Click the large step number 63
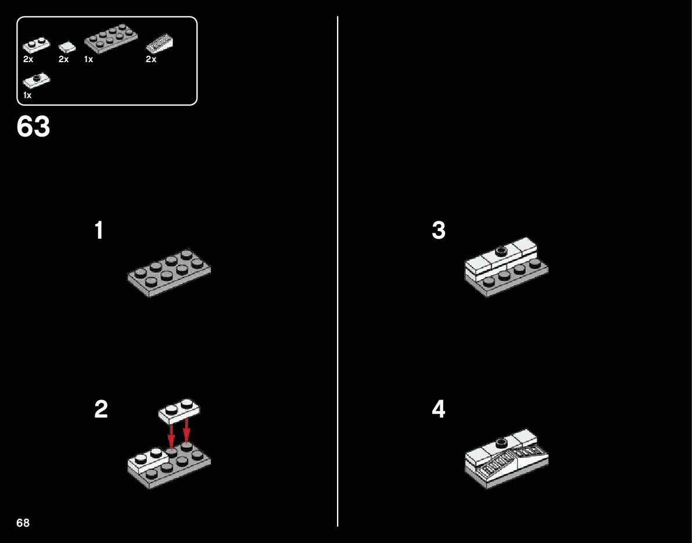pyautogui.click(x=34, y=127)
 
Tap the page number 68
pyautogui.click(x=23, y=523)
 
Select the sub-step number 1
pyautogui.click(x=99, y=231)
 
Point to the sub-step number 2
pyautogui.click(x=101, y=409)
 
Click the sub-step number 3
pyautogui.click(x=439, y=231)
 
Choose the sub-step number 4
pyautogui.click(x=439, y=409)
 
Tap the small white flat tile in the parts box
pyautogui.click(x=67, y=46)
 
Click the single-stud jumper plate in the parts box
pyautogui.click(x=37, y=80)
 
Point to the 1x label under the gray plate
pyautogui.click(x=89, y=59)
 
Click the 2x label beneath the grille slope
pyautogui.click(x=151, y=59)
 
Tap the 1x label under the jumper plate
pyautogui.click(x=27, y=95)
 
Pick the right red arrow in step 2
pyautogui.click(x=187, y=432)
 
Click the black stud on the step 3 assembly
pyautogui.click(x=501, y=251)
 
